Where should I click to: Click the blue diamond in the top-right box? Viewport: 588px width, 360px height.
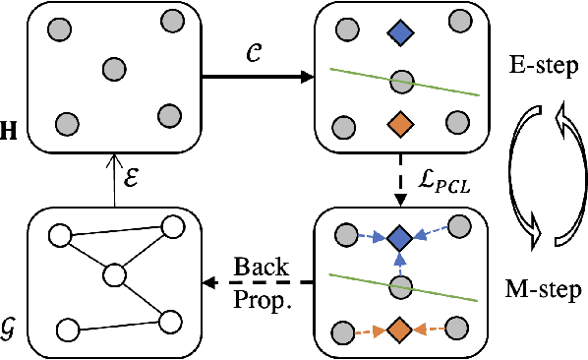click(399, 36)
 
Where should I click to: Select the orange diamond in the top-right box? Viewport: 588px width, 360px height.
click(399, 124)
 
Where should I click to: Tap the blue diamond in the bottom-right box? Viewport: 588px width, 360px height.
click(399, 238)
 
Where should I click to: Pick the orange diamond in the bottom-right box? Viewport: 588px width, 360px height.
click(399, 328)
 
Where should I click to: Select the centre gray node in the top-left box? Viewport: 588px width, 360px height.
click(115, 70)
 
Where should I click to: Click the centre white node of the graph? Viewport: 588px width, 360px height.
click(115, 273)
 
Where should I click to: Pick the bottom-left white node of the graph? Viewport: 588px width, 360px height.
click(67, 328)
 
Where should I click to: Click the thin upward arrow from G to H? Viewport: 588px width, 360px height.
click(115, 183)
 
